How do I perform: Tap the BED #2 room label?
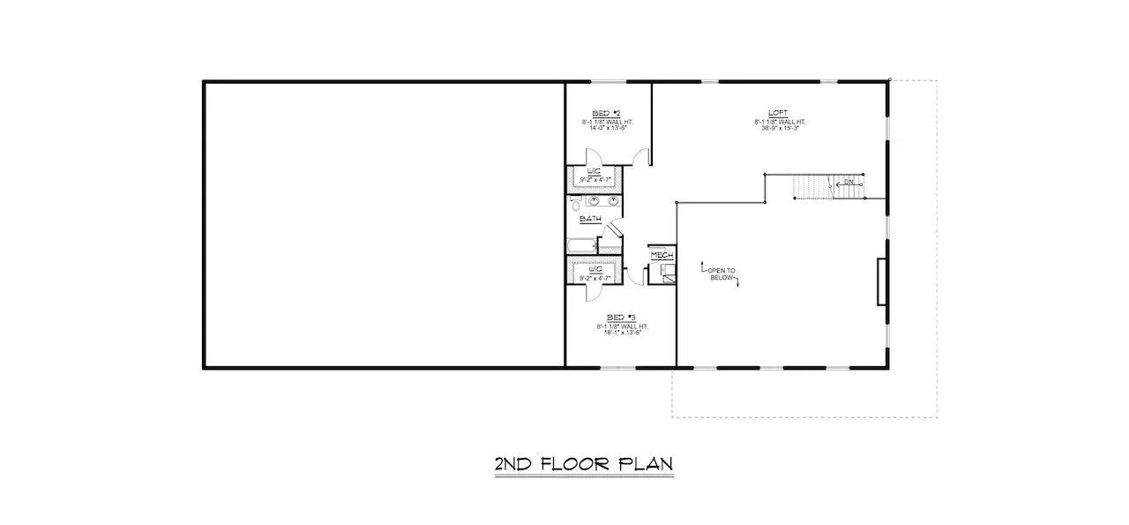tap(606, 114)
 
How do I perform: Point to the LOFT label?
tap(778, 113)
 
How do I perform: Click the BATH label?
tap(590, 219)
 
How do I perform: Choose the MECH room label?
tap(662, 255)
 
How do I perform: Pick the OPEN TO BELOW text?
tap(722, 274)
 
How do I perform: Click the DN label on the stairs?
tap(849, 183)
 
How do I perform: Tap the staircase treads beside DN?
tap(811, 186)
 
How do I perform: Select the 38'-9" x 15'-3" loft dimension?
tap(780, 128)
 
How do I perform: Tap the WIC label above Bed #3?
tap(595, 269)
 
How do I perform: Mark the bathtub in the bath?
tap(582, 245)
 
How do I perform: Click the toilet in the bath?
tap(576, 206)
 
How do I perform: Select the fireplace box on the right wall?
tap(881, 281)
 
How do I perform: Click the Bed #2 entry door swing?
tap(643, 159)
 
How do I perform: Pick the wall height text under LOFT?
tap(780, 121)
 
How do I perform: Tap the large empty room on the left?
tap(385, 224)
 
